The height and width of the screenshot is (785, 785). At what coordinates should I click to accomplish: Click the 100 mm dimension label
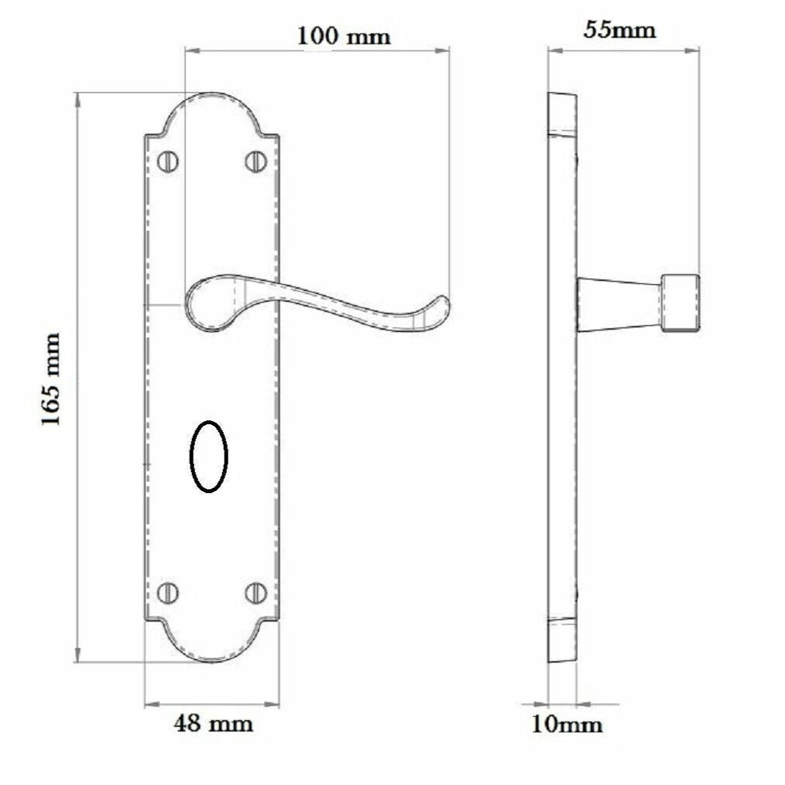coord(345,36)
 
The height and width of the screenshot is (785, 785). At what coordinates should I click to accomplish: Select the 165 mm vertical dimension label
coord(51,379)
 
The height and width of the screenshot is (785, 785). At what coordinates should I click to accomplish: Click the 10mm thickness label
coord(567,725)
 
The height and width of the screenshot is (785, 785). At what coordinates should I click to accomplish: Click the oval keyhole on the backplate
coord(209,457)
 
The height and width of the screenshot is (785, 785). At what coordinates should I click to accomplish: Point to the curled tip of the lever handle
coord(438,310)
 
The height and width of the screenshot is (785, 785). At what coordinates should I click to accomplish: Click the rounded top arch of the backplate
coord(211,105)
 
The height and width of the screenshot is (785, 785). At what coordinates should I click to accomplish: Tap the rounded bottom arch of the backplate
coord(211,650)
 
